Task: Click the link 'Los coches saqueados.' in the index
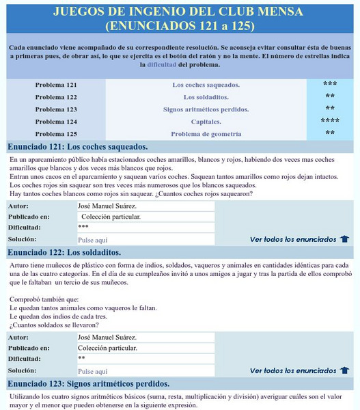point(206,85)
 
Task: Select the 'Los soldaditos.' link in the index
point(206,97)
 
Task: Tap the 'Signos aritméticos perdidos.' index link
point(206,109)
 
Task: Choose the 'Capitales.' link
point(206,122)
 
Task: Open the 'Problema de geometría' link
point(206,134)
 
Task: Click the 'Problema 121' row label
point(56,85)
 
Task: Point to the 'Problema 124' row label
point(56,122)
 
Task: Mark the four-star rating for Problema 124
point(330,121)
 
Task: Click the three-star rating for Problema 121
point(330,84)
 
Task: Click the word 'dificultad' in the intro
point(167,65)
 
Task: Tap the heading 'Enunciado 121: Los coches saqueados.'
point(78,147)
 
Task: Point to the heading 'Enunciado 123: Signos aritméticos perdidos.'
point(89,383)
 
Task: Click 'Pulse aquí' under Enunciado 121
point(93,240)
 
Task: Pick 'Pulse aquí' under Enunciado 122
point(93,371)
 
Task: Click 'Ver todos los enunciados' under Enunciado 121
point(293,239)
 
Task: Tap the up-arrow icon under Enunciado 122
point(344,370)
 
